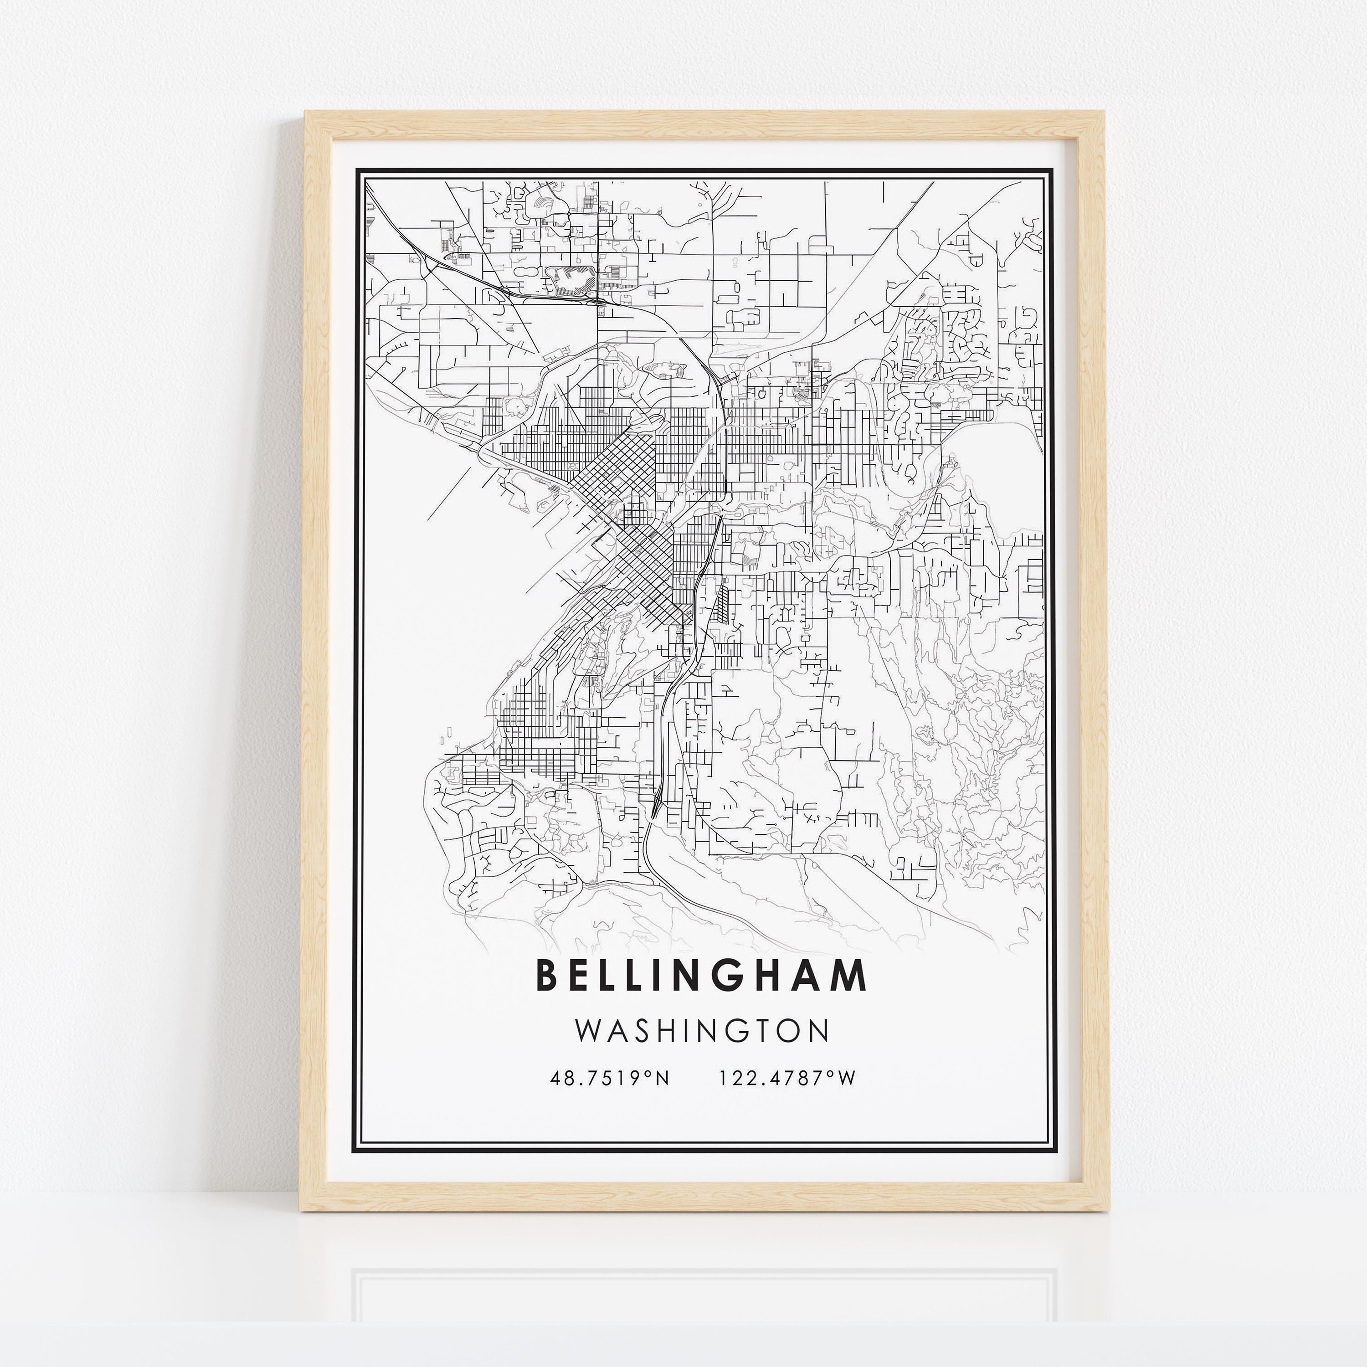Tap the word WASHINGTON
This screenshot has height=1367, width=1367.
coord(701,1031)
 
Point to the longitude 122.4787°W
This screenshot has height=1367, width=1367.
coord(787,1078)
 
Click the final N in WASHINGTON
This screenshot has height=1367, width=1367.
coord(819,1031)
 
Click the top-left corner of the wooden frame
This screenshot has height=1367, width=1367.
coord(306,112)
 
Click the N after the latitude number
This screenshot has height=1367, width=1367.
coord(661,1078)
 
